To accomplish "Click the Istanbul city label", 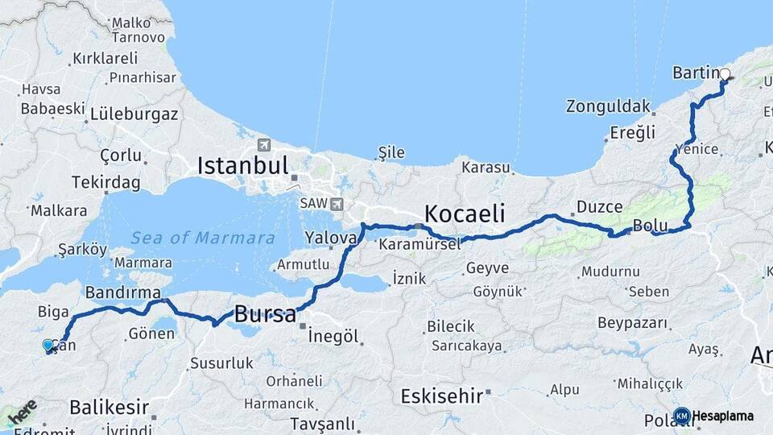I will point(242,167).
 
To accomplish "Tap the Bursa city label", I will point(265,314).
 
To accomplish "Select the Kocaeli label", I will point(465,213).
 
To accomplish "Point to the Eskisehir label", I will point(444,396).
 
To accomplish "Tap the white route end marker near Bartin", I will point(725,74).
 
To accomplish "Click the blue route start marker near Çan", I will point(48,346).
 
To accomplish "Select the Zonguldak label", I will point(607,106).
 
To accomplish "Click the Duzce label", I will point(600,207).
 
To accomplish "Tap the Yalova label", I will point(330,238).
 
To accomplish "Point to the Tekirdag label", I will point(105,183).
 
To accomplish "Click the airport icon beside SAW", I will point(336,205).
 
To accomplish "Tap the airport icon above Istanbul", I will point(263,145).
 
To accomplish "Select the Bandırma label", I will point(122,292).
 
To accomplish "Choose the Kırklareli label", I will point(105,58).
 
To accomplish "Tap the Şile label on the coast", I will point(391,151).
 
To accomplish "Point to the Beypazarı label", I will point(633,323).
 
